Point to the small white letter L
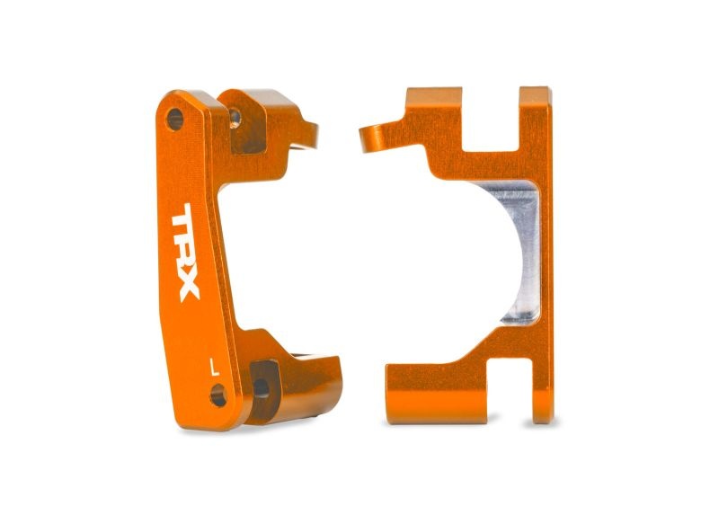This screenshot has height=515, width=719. click(213, 367)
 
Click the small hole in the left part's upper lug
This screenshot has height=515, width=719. click(235, 115)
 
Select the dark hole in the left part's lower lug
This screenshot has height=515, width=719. click(261, 387)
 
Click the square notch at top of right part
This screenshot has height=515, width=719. click(491, 117)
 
